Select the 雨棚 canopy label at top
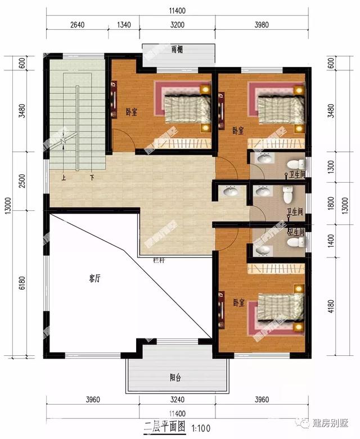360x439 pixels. click(177, 49)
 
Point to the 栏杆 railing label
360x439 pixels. click(159, 260)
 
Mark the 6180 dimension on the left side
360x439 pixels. click(21, 284)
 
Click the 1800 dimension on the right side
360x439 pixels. click(331, 202)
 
